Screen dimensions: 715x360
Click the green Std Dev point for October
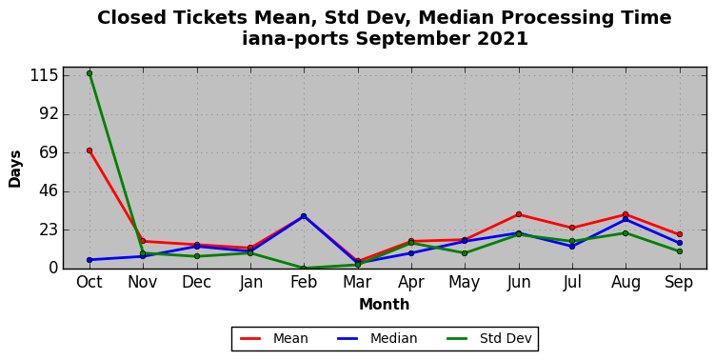coord(89,73)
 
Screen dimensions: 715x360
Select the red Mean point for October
coord(89,150)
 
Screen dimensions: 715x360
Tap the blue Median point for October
coord(89,260)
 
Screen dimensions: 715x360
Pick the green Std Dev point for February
coord(304,269)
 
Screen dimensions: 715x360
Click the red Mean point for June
coord(519,214)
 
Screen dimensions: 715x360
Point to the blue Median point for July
coord(572,247)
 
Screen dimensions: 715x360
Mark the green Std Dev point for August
coord(626,233)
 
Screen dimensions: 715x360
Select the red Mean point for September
coord(680,234)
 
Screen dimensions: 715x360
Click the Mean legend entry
coord(274,338)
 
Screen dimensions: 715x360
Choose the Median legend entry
coord(377,338)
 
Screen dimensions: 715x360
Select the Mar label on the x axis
coord(357,283)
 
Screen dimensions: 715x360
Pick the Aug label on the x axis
coord(626,284)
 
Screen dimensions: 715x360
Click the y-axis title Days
coord(14,169)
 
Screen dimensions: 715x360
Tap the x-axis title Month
coord(384,305)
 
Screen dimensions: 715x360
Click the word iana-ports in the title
coord(295,39)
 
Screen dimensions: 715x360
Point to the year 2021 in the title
coord(503,38)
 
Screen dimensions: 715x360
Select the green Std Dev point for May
coord(465,253)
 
